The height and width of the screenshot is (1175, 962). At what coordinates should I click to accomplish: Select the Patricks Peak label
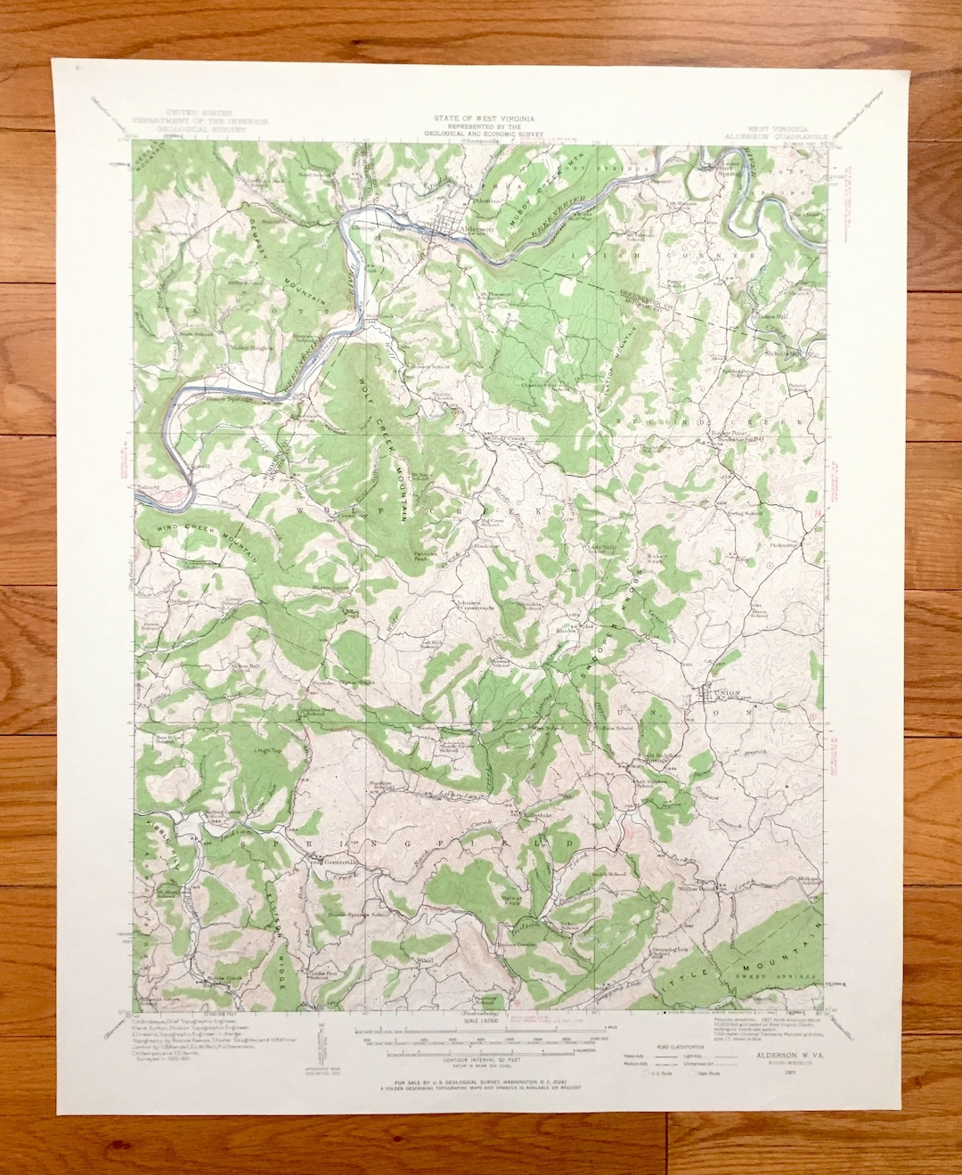tap(426, 554)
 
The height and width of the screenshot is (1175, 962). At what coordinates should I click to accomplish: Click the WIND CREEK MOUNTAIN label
tap(205, 540)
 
